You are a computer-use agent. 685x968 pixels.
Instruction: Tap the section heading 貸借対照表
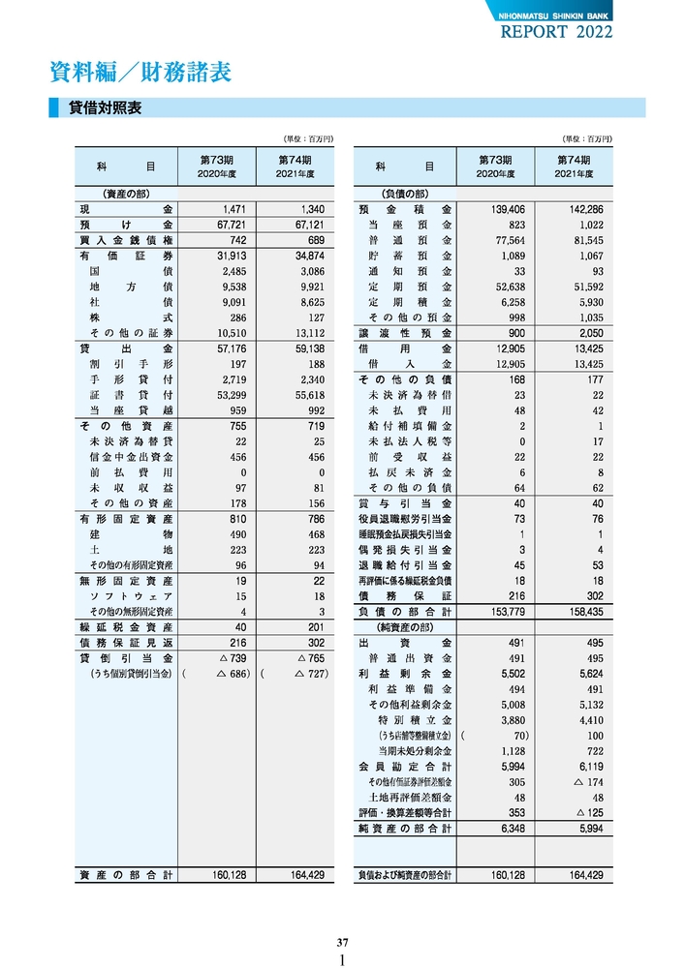(x=106, y=108)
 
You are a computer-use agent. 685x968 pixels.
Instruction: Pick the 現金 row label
(x=126, y=209)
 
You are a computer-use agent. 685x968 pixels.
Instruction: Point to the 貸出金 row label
(x=126, y=348)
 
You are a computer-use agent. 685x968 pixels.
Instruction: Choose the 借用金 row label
(x=405, y=348)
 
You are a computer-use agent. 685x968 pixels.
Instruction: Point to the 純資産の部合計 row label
(x=405, y=829)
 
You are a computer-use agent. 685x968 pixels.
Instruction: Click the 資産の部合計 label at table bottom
(x=126, y=875)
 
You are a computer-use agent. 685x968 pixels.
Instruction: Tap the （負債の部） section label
(x=404, y=194)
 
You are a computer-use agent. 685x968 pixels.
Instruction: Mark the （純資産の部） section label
(x=404, y=627)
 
